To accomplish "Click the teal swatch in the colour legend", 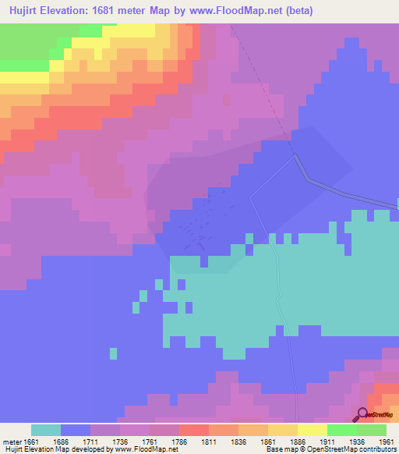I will pyautogui.click(x=45, y=430).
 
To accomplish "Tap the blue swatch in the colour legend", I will pyautogui.click(x=75, y=430).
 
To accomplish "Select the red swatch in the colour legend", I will pyautogui.click(x=193, y=430).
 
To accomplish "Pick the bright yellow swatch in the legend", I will pyautogui.click(x=312, y=430).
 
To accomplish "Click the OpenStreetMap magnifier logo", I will pyautogui.click(x=363, y=414).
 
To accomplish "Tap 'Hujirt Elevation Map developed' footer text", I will pyautogui.click(x=47, y=449).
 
